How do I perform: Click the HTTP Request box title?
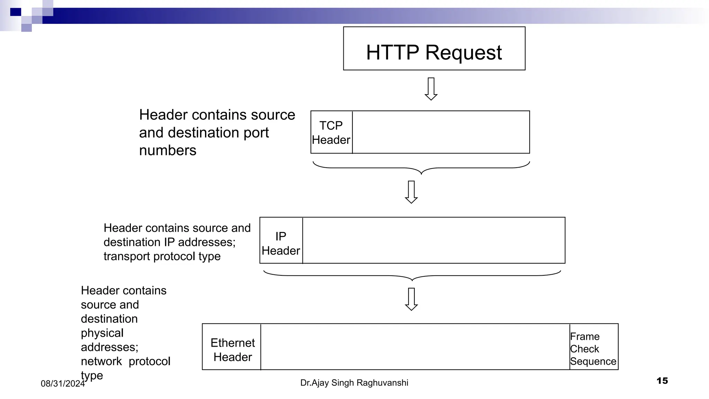[434, 53]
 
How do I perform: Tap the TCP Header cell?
[331, 132]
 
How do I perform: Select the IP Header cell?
[281, 243]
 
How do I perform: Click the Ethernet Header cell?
[232, 349]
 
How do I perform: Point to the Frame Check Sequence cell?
[593, 348]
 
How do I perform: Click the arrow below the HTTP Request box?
[431, 89]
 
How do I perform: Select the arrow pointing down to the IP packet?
[411, 192]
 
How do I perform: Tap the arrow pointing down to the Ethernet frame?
[411, 299]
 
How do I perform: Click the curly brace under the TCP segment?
[421, 168]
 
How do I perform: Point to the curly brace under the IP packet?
[412, 276]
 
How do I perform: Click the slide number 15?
[662, 381]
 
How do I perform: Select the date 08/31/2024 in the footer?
[63, 383]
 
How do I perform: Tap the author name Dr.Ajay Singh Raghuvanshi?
[354, 383]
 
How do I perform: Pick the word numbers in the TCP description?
[168, 151]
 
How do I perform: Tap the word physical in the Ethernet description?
[102, 333]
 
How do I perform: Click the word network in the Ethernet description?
[101, 361]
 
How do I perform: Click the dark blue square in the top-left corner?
[16, 12]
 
